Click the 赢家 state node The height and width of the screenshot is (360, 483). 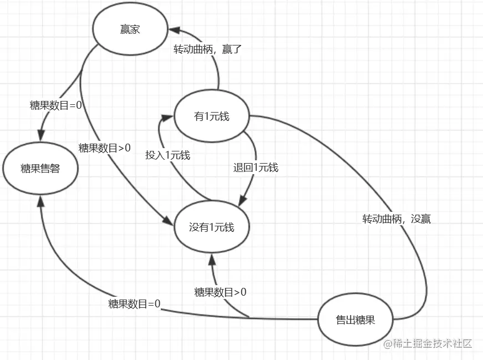[130, 29]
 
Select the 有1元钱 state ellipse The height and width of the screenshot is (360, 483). [211, 116]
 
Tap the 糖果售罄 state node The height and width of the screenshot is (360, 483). [40, 169]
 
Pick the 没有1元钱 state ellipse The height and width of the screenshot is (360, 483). [211, 227]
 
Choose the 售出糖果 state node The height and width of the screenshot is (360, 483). [355, 320]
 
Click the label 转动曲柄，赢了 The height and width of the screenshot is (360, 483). [208, 49]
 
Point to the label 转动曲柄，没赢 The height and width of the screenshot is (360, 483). [396, 219]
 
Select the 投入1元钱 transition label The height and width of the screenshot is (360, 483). [167, 155]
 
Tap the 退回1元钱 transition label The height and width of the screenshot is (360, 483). [256, 168]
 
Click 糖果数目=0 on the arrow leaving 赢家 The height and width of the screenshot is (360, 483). [56, 104]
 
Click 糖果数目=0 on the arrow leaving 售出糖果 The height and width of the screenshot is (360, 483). [134, 304]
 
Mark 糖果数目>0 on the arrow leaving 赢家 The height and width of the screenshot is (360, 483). [105, 148]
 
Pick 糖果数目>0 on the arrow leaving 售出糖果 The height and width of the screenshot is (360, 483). [220, 292]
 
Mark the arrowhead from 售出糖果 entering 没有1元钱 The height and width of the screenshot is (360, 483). [211, 256]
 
